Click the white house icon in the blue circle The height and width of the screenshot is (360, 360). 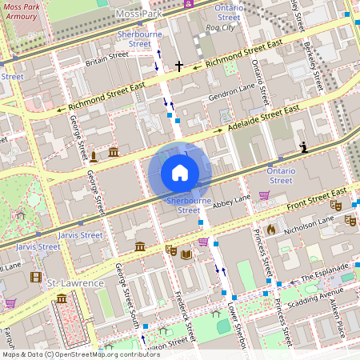click(x=180, y=173)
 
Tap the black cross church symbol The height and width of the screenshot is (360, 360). click(x=179, y=66)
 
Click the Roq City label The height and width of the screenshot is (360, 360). click(x=221, y=27)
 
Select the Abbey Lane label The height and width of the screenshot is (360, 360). click(x=232, y=200)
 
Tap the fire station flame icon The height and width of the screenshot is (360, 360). click(x=271, y=230)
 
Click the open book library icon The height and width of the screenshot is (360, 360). click(x=186, y=254)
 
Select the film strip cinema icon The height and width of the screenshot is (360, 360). click(x=35, y=278)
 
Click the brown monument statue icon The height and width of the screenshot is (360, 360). click(x=94, y=155)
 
